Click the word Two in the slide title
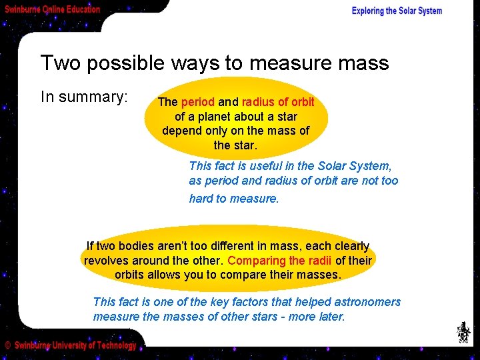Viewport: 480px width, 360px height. pos(58,63)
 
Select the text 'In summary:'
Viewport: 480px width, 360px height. pos(84,97)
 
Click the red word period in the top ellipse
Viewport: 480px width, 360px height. pos(198,103)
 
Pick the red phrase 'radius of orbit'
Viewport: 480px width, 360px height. pos(278,103)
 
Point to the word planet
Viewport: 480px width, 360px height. pos(210,117)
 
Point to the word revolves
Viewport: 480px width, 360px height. pos(107,261)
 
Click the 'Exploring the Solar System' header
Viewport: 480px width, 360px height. pos(397,11)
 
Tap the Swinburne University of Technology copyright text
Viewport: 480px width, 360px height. pos(71,345)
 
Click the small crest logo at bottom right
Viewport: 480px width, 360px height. pos(462,332)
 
